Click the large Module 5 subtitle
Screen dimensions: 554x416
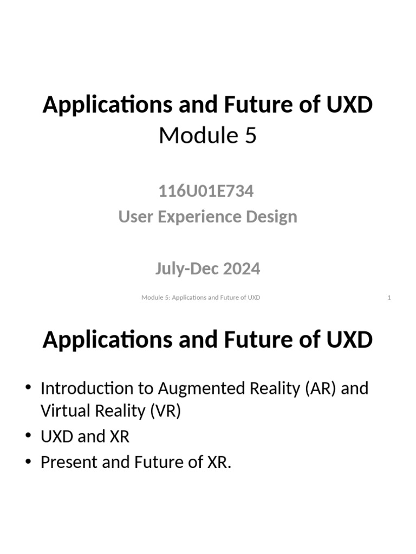[x=207, y=136]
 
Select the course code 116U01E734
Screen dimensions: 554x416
[x=206, y=191]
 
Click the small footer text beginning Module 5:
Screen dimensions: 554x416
[x=200, y=298]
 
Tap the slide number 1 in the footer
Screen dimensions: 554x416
[x=389, y=298]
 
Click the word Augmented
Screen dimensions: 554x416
[x=198, y=388]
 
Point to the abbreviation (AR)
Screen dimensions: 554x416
[x=321, y=388]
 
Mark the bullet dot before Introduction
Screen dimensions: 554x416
[x=28, y=388]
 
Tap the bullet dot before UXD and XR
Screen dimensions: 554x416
[x=28, y=437]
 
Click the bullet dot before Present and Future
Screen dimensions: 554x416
[x=28, y=463]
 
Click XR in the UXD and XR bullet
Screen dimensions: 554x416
[x=119, y=437]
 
